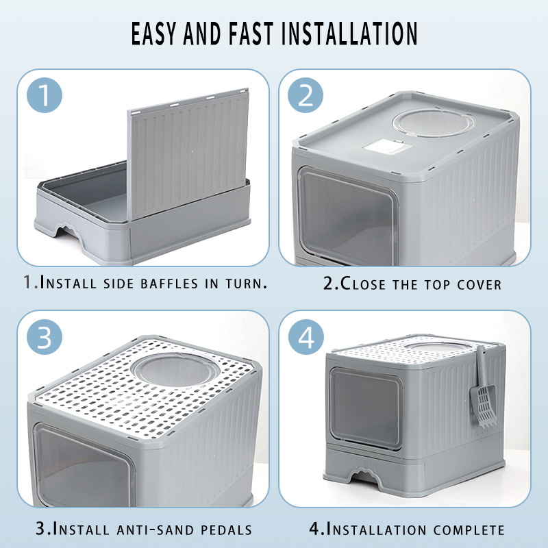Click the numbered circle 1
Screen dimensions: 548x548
coord(45,95)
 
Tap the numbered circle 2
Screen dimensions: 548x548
coord(306,95)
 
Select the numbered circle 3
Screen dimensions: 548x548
coord(45,337)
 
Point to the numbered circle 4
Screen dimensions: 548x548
coord(306,337)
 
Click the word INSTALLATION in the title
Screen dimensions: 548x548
coord(349,34)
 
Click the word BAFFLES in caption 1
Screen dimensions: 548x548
coord(169,284)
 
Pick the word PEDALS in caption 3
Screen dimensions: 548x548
coord(226,530)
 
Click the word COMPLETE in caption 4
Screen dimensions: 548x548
coord(469,530)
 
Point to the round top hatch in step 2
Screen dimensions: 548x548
coord(433,123)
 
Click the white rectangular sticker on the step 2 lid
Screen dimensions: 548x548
coord(386,145)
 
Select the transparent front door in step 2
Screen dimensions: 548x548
coord(347,215)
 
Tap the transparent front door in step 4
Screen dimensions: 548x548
coord(365,408)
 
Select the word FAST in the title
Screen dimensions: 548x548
coord(251,34)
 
